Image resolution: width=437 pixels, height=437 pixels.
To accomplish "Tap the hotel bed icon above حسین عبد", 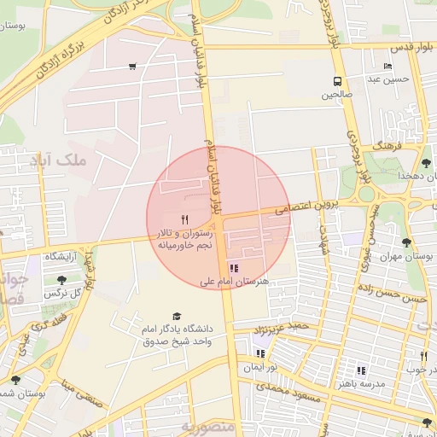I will pyautogui.click(x=388, y=66).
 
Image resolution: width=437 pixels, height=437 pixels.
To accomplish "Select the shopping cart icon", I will pyautogui.click(x=132, y=66).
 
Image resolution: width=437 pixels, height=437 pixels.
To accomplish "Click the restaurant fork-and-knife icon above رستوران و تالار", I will pyautogui.click(x=184, y=218).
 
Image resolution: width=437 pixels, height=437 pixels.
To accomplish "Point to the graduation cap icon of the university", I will pyautogui.click(x=177, y=317).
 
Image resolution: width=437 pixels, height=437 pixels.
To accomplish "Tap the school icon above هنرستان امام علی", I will pyautogui.click(x=234, y=268).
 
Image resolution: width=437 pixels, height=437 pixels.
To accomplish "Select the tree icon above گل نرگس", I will pyautogui.click(x=61, y=279).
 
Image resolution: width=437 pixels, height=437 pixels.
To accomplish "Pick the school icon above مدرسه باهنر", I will pyautogui.click(x=361, y=370).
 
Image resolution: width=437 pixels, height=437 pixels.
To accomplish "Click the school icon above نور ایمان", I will pyautogui.click(x=259, y=353).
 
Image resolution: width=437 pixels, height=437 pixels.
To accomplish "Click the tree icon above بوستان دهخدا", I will pyautogui.click(x=426, y=162).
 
